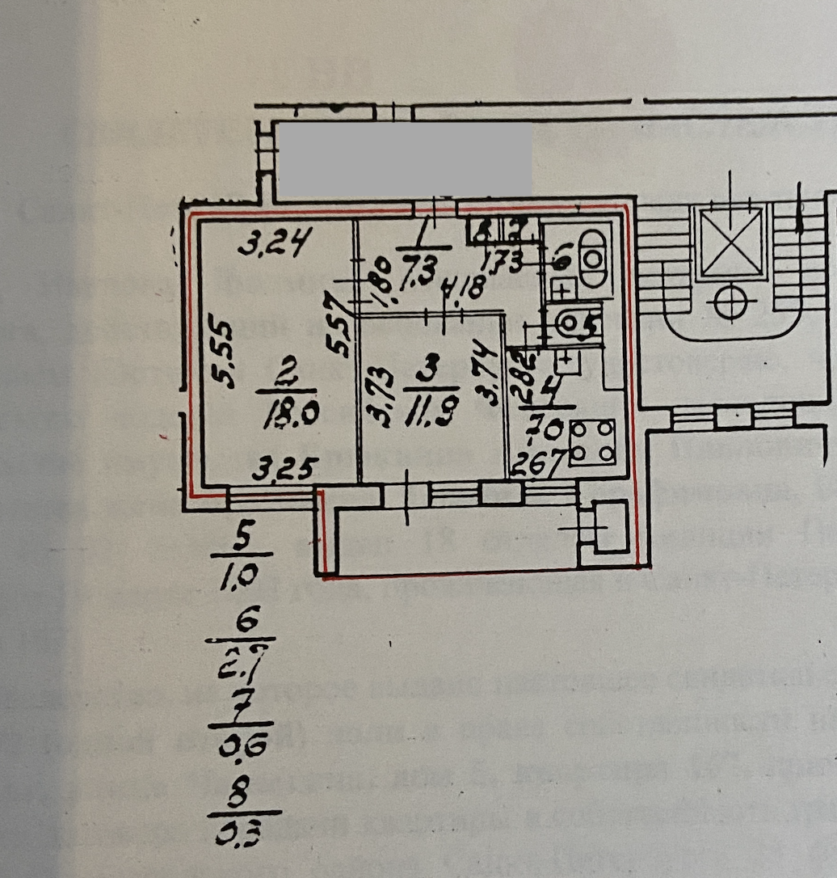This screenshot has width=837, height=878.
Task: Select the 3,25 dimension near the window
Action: click(x=283, y=469)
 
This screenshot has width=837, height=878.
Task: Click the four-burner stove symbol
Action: click(x=592, y=444)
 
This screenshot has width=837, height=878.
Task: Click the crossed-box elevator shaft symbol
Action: click(x=730, y=243)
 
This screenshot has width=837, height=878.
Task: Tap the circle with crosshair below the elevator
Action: click(x=730, y=303)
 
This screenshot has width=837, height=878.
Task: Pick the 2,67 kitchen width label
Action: click(x=530, y=468)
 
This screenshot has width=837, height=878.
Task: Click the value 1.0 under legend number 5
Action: click(x=238, y=575)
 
